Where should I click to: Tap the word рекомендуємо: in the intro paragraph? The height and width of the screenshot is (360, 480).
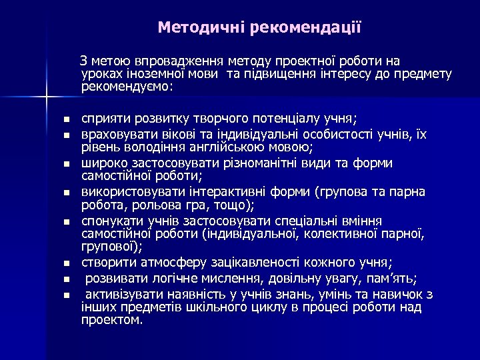(x=127, y=87)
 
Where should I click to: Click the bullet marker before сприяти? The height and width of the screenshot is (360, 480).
(x=66, y=120)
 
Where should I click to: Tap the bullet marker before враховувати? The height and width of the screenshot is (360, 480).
(x=66, y=135)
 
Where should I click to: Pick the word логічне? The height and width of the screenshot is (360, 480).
(x=164, y=277)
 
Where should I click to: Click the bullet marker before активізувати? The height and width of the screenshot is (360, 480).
(x=66, y=295)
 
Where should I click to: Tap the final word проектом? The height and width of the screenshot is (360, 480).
(x=112, y=320)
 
